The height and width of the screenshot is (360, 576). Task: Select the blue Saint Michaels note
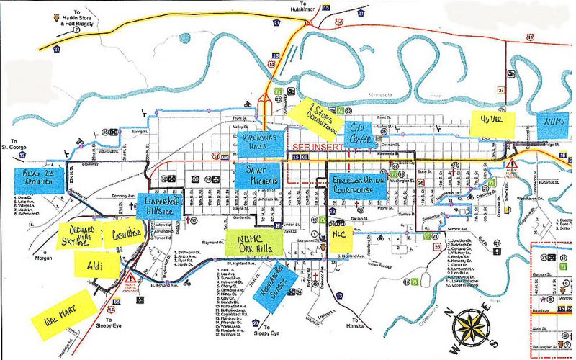point(257,175)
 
